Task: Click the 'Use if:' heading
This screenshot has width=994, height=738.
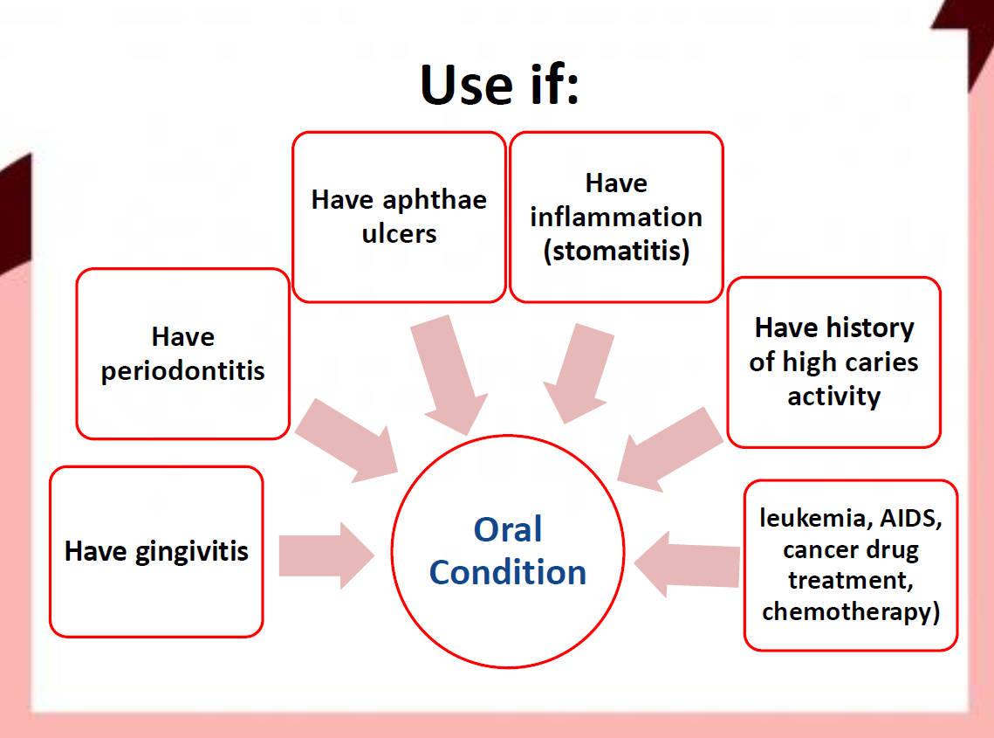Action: (x=499, y=85)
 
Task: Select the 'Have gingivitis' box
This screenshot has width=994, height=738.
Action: (x=156, y=551)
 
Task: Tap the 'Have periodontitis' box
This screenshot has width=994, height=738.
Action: (x=182, y=354)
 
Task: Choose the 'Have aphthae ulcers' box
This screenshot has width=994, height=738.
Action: (x=399, y=217)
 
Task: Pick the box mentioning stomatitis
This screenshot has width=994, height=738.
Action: (x=616, y=217)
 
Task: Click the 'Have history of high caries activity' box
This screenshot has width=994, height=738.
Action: (x=833, y=362)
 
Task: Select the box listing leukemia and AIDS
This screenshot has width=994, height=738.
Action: (x=850, y=565)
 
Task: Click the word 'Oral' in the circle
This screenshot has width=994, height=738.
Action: (x=507, y=530)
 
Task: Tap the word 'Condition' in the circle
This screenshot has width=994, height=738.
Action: (x=507, y=573)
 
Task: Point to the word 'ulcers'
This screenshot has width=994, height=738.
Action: (x=399, y=234)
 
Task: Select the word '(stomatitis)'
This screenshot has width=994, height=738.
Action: (x=616, y=251)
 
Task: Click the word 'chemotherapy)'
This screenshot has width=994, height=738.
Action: (x=850, y=611)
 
